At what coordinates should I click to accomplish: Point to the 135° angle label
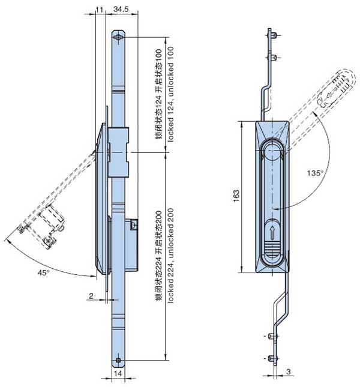tap(316, 173)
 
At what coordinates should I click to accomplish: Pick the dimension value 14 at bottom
tap(118, 373)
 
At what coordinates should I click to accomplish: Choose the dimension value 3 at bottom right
tap(288, 373)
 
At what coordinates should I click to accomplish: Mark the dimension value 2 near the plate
tap(90, 296)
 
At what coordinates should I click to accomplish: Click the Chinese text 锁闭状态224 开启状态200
tap(158, 259)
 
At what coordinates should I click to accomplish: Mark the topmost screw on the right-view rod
tap(273, 37)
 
